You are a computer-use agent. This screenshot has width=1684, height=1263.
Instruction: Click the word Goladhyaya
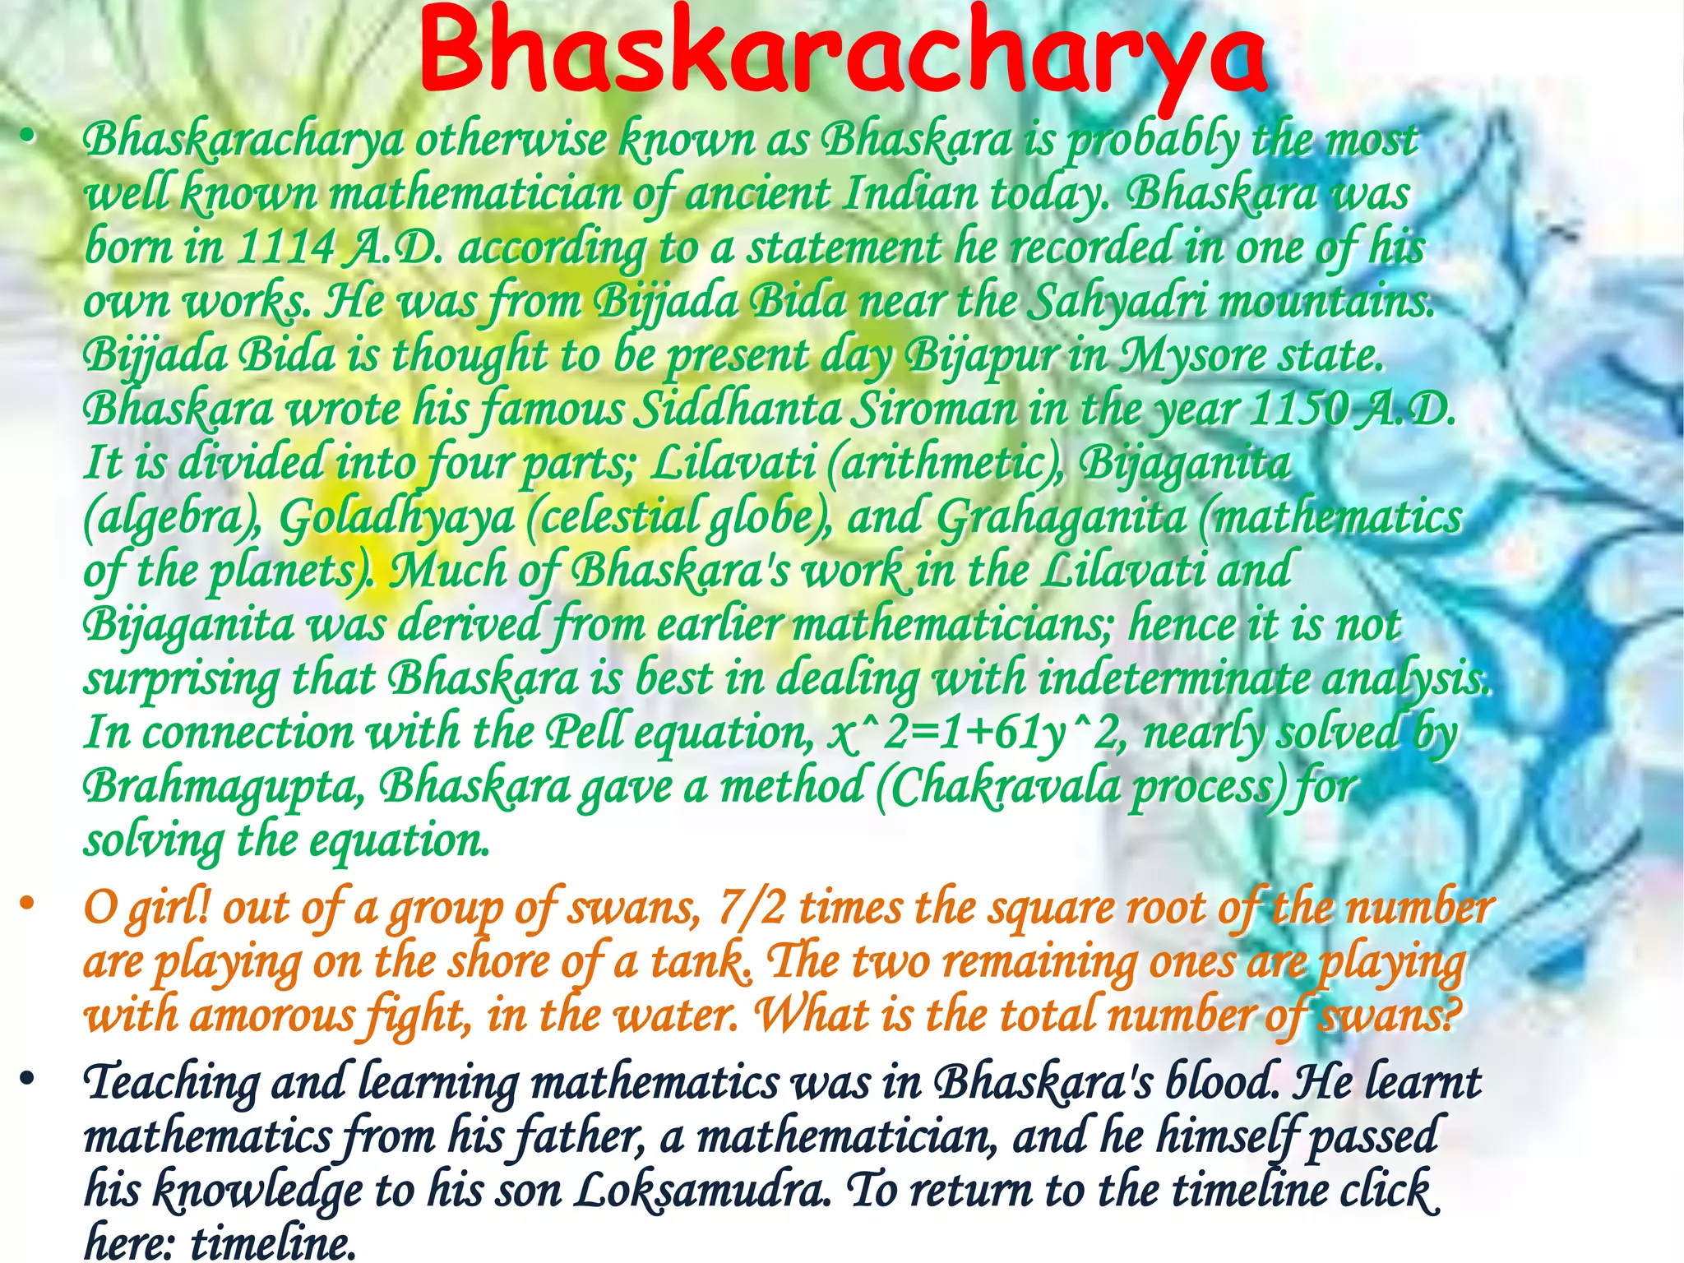396,518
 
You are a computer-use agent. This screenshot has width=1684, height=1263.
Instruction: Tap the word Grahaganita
1062,518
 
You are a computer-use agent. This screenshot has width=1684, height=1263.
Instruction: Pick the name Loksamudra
701,1190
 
